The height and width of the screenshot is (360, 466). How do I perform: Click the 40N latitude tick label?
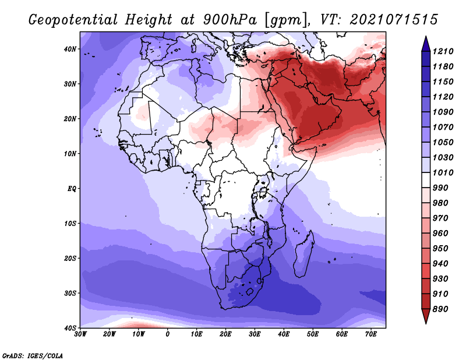pyautogui.click(x=70, y=49)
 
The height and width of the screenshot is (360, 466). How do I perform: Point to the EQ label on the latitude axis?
pyautogui.click(x=72, y=189)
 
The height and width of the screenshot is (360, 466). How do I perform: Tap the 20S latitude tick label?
pyautogui.click(x=70, y=258)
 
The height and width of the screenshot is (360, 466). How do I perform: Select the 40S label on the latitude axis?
pyautogui.click(x=70, y=328)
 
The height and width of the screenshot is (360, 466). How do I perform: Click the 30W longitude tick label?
pyautogui.click(x=80, y=334)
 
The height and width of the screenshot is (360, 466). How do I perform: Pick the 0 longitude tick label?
pyautogui.click(x=168, y=334)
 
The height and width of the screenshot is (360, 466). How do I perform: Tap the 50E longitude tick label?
pyautogui.click(x=313, y=334)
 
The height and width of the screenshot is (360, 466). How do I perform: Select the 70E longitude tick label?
pyautogui.click(x=370, y=334)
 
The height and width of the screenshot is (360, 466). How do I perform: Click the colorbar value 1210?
pyautogui.click(x=443, y=51)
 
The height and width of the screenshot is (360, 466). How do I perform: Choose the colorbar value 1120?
pyautogui.click(x=443, y=97)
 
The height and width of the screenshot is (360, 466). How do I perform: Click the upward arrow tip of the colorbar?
pyautogui.click(x=426, y=37)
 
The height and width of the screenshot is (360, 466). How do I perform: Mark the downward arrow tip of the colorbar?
pyautogui.click(x=426, y=323)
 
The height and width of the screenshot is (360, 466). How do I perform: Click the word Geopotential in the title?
pyautogui.click(x=73, y=20)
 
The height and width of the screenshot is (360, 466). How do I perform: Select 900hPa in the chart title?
pyautogui.click(x=230, y=20)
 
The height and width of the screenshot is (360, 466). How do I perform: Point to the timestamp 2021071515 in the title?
pyautogui.click(x=394, y=20)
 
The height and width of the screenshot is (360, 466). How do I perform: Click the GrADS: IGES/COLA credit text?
pyautogui.click(x=33, y=356)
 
